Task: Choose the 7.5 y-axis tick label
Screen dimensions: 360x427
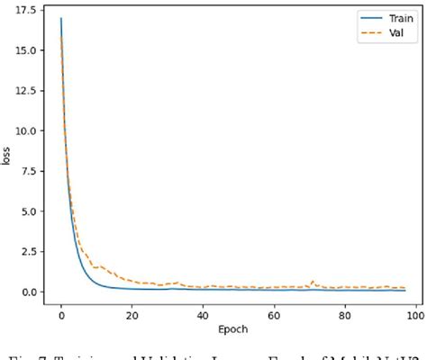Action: coord(27,171)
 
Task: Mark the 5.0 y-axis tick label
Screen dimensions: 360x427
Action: coord(27,211)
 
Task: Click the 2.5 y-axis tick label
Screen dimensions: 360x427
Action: coord(27,251)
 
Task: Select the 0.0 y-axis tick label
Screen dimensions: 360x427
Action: coord(27,292)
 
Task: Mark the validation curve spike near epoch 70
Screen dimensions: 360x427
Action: coord(312,282)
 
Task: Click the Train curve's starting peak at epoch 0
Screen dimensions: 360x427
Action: coord(61,18)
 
